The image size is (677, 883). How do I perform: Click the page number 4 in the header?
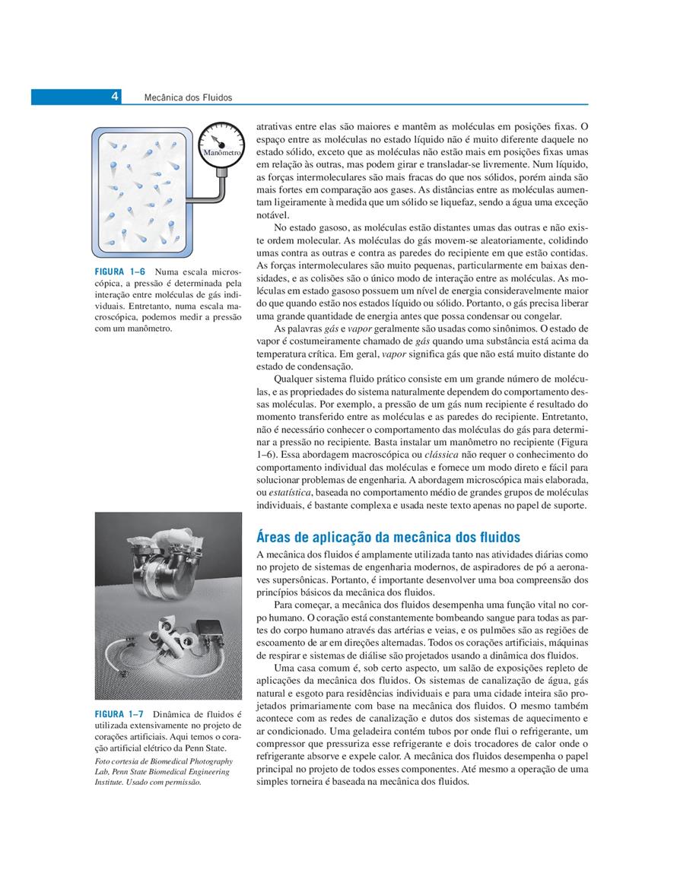pos(114,97)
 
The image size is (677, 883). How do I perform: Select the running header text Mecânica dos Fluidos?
pos(187,97)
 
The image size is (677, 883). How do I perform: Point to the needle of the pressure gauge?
pos(218,139)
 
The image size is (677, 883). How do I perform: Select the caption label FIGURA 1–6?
pos(120,272)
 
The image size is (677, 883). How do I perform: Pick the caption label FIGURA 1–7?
pos(120,714)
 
